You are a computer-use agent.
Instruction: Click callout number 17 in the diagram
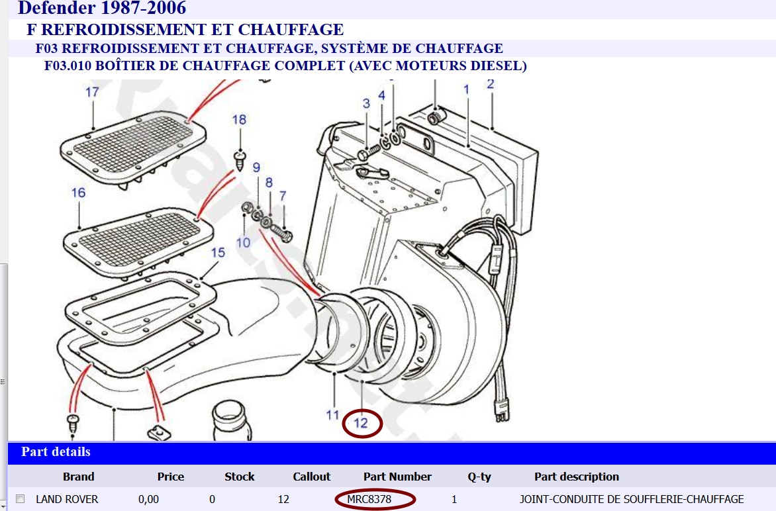click(x=92, y=92)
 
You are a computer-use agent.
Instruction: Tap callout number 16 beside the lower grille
click(x=79, y=193)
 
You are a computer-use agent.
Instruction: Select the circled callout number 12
click(x=362, y=423)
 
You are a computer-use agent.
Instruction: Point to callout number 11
click(x=332, y=415)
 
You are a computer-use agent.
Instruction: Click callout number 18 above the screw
click(x=239, y=120)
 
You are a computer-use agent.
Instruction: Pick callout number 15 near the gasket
click(x=218, y=253)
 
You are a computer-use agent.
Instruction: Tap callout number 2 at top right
click(x=490, y=84)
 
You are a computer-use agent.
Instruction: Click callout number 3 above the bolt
click(x=365, y=103)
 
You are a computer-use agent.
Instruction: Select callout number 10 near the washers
click(x=244, y=242)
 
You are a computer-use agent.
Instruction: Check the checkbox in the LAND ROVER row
click(x=21, y=499)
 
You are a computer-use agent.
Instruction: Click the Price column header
click(x=171, y=477)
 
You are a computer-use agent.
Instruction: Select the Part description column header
click(x=577, y=477)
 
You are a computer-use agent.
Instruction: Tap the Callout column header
click(x=312, y=477)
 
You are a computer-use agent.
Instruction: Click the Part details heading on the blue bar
click(x=56, y=452)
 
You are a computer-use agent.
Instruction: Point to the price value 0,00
click(x=148, y=500)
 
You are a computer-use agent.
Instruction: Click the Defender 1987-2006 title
click(x=102, y=9)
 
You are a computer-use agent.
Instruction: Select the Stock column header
click(x=240, y=477)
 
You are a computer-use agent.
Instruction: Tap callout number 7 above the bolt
click(x=283, y=196)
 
